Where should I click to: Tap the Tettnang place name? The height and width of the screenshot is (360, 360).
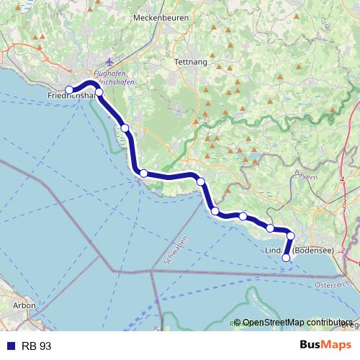point(190,63)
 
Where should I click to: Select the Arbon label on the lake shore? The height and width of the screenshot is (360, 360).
point(24,305)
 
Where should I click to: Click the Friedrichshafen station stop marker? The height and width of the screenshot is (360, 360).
point(70,90)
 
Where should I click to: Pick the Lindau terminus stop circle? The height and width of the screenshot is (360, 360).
point(286,258)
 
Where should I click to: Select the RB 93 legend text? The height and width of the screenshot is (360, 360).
point(37,346)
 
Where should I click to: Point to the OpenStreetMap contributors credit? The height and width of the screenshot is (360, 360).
point(297,323)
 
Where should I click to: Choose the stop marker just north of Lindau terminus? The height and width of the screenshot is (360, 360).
point(291,235)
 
